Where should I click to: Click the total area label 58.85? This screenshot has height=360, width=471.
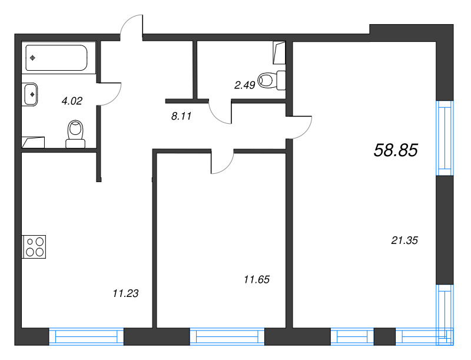[x=396, y=151]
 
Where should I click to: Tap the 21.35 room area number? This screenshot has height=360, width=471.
[x=404, y=240]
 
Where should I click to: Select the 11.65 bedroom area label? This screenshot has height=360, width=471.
[x=256, y=279]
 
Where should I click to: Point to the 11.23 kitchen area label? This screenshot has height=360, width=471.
[x=125, y=293]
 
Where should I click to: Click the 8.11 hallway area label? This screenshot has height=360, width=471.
[x=182, y=117]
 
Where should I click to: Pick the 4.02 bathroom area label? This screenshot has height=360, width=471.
[x=72, y=101]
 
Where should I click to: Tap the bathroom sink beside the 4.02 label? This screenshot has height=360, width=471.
[x=31, y=94]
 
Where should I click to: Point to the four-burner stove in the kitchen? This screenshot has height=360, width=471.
[x=34, y=246]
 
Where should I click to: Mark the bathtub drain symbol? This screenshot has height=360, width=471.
[x=33, y=58]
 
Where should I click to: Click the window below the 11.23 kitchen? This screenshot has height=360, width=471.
[x=86, y=337]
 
